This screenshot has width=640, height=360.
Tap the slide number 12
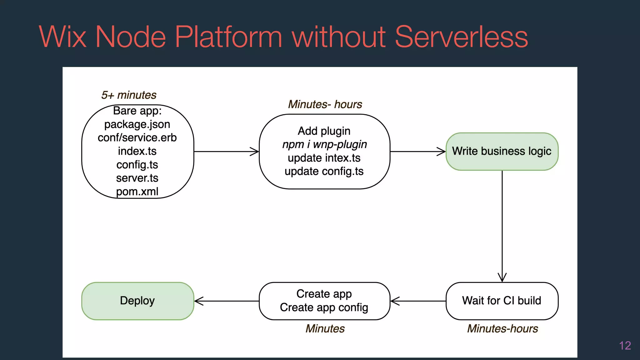click(x=625, y=346)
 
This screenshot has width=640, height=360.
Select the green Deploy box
click(x=137, y=301)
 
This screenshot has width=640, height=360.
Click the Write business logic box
click(x=502, y=151)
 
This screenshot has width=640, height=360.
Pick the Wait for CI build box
click(x=502, y=301)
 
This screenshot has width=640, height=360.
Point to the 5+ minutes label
click(x=129, y=95)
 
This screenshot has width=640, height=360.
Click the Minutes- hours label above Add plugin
click(x=325, y=104)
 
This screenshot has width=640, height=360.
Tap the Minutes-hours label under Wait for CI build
click(x=502, y=329)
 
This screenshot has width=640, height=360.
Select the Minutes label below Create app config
click(x=325, y=329)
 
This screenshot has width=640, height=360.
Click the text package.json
click(x=137, y=124)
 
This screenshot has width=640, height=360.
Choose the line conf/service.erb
click(x=137, y=138)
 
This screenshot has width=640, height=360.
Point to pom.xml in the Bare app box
click(x=137, y=192)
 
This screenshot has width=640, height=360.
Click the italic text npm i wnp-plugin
click(x=324, y=144)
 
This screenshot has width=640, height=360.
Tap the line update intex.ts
click(x=324, y=158)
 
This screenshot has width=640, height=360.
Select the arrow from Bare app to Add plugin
click(x=226, y=152)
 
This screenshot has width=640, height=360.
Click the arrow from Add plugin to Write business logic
click(x=418, y=152)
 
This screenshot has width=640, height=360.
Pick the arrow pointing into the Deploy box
click(x=226, y=301)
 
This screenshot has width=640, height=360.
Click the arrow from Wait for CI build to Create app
click(x=418, y=301)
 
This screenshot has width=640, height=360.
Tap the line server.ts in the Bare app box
click(x=137, y=178)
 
